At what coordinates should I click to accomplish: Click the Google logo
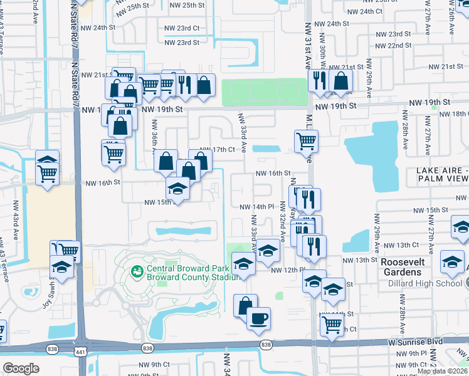click(21, 368)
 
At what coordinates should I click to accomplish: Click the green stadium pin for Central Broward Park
click(135, 271)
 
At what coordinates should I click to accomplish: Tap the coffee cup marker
click(258, 318)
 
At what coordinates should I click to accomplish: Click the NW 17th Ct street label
click(216, 150)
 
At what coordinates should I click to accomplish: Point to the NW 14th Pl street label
click(257, 207)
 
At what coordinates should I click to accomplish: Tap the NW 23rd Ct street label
click(182, 28)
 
